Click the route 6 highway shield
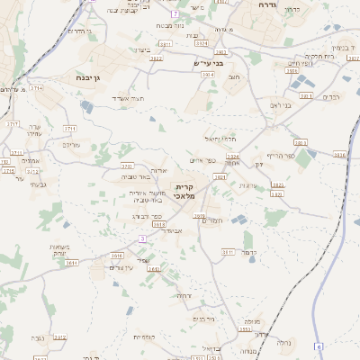(x=319, y=346)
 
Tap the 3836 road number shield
(x=339, y=155)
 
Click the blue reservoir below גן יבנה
(x=85, y=106)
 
